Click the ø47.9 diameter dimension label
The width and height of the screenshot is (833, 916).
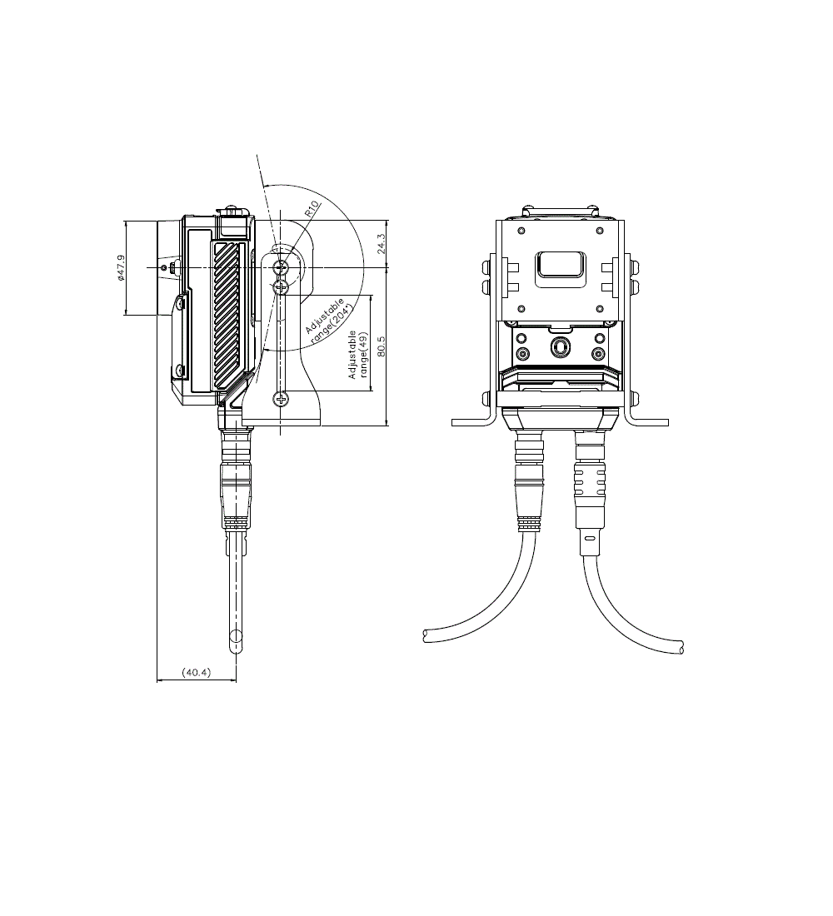[121, 267]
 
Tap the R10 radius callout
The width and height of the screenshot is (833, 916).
[312, 208]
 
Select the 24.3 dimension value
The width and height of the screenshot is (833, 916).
[381, 244]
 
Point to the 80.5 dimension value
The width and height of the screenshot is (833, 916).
[382, 346]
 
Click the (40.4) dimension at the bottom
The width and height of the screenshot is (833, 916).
[197, 672]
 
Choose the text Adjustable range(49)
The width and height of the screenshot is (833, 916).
[358, 355]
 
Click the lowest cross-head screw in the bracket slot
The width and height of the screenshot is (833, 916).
[282, 400]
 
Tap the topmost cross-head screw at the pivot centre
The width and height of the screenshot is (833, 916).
[282, 267]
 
